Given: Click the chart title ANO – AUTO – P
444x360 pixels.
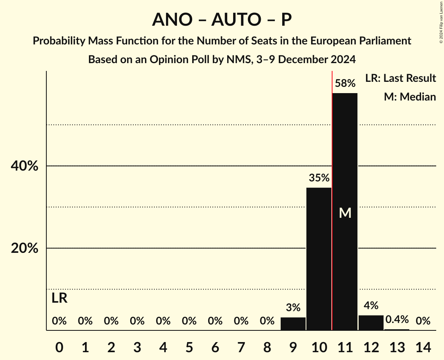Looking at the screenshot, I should [222, 19].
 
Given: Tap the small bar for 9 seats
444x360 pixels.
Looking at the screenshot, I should [293, 324].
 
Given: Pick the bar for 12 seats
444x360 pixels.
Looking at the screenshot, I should [371, 323].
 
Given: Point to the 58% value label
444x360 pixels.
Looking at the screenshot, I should [345, 83].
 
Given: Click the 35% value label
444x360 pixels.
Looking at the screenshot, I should [319, 178].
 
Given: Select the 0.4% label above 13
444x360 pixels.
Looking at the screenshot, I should [397, 320].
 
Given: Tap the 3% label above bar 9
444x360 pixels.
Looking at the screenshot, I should [293, 308].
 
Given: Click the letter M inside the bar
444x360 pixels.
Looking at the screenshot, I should [345, 213].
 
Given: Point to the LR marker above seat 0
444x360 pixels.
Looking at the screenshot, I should [59, 298].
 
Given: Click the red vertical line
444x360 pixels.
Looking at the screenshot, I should [332, 195].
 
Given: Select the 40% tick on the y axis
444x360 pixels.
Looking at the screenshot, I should [24, 166].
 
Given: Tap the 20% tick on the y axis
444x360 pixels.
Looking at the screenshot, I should [24, 249].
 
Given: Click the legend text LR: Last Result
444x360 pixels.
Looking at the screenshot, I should [400, 78].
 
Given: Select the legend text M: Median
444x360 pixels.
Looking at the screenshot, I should [409, 97].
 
